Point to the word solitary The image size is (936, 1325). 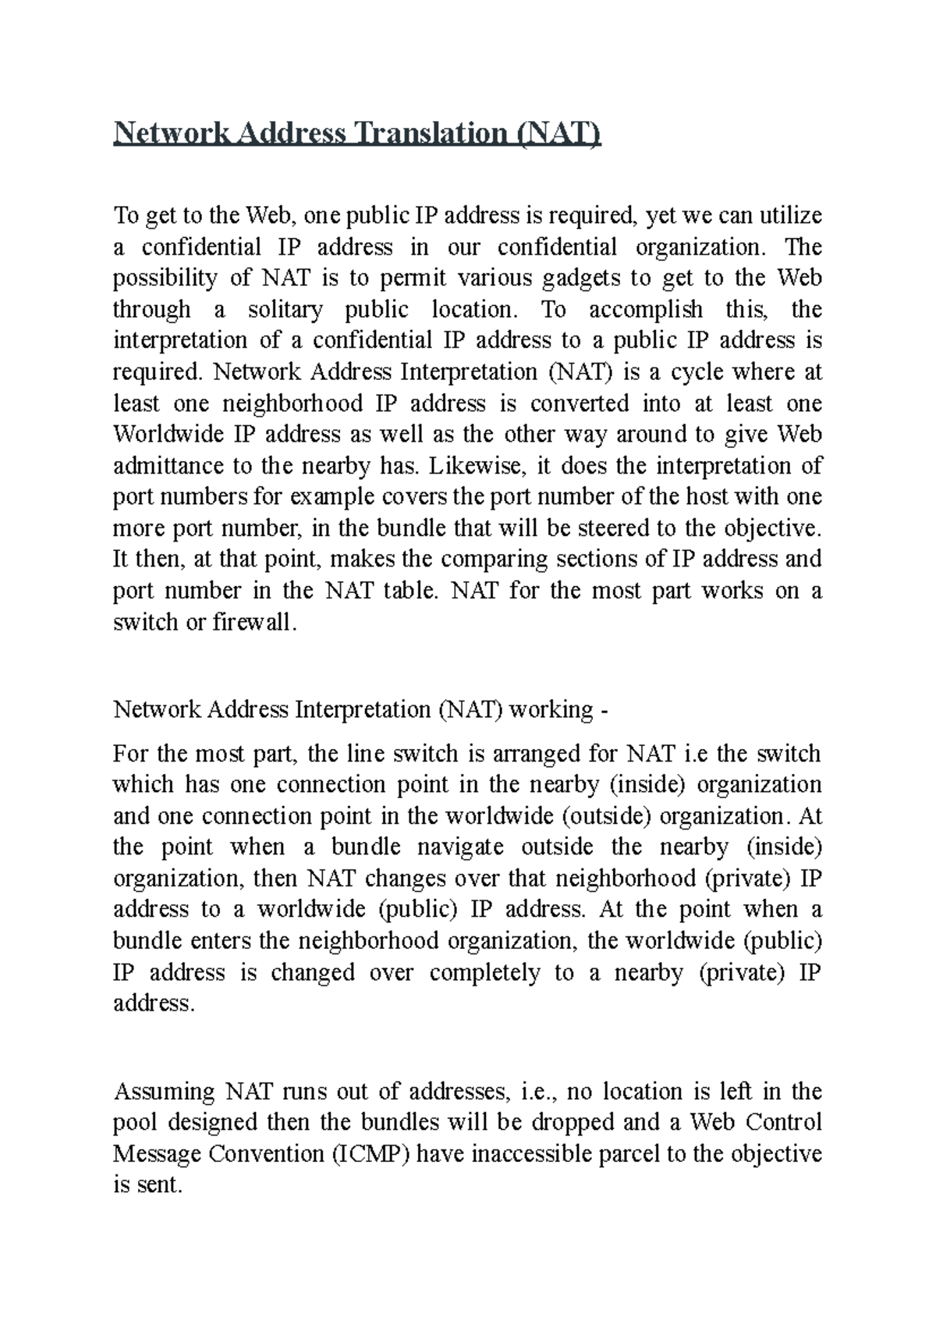pos(285,310)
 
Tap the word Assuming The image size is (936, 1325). pos(164,1092)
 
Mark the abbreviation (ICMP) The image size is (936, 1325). pos(371,1154)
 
